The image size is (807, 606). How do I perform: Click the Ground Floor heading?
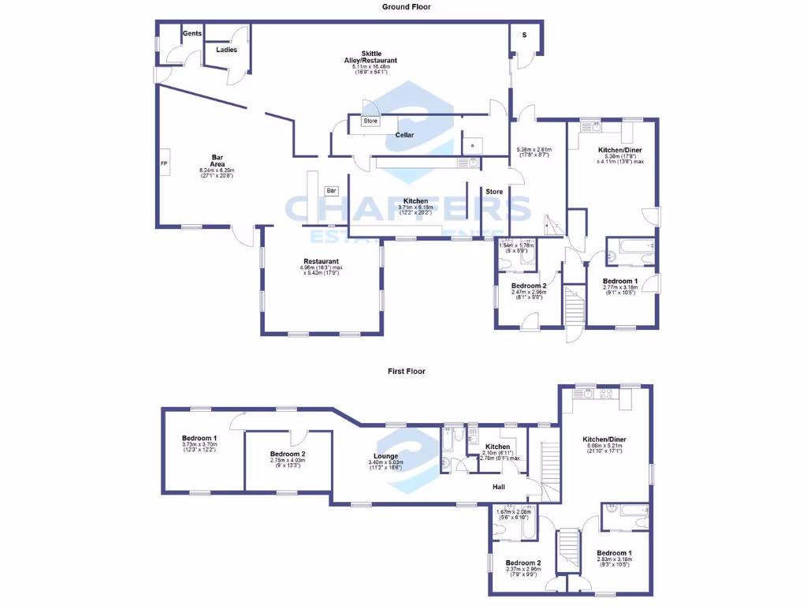tap(407, 6)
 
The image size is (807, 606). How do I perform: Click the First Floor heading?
tap(407, 371)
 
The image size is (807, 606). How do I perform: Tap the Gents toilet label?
tap(192, 34)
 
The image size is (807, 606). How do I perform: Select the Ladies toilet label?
tap(227, 50)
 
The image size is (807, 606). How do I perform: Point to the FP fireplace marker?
tap(164, 163)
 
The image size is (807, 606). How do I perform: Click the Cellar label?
tap(405, 135)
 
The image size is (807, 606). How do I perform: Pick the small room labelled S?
tap(523, 36)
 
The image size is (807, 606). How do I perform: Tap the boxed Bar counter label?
tap(332, 190)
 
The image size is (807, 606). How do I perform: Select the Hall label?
tap(499, 487)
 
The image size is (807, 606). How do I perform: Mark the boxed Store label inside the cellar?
tap(370, 121)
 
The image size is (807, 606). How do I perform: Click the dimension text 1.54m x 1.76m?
tap(517, 245)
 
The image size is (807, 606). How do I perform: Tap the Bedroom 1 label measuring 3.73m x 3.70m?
tap(199, 438)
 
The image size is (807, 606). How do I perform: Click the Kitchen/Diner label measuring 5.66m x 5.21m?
tap(604, 439)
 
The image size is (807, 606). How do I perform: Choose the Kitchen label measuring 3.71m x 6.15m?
tap(415, 201)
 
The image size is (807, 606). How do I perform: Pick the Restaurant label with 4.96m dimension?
tap(321, 261)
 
